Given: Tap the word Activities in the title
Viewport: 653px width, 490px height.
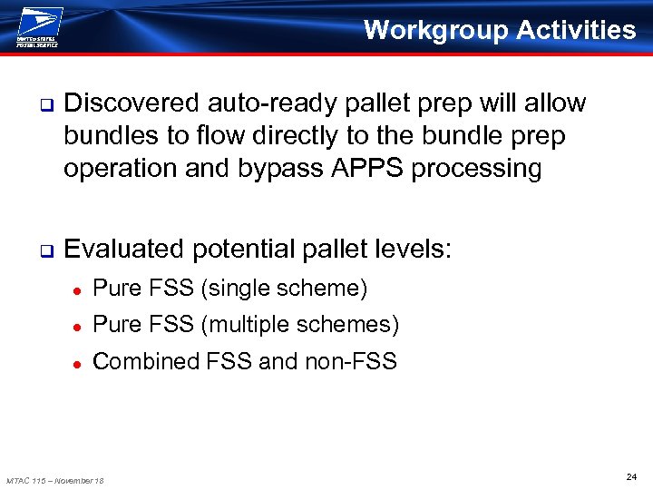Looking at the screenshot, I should pyautogui.click(x=577, y=30).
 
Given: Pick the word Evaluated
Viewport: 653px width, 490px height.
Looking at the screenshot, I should pyautogui.click(x=128, y=249).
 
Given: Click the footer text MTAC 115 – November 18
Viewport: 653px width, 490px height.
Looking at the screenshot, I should pyautogui.click(x=55, y=480).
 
